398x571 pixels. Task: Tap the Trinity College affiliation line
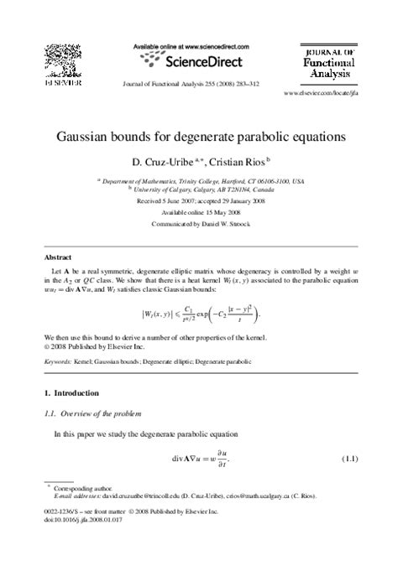click(201, 179)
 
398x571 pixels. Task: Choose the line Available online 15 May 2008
click(199, 213)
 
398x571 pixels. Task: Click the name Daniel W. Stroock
click(220, 225)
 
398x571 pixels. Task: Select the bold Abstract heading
click(58, 258)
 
